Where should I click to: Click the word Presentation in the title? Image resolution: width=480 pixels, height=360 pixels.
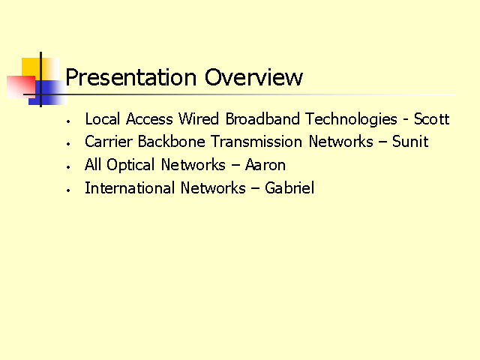pyautogui.click(x=131, y=77)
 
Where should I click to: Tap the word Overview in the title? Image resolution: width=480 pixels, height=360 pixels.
pyautogui.click(x=253, y=76)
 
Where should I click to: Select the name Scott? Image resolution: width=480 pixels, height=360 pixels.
pyautogui.click(x=432, y=118)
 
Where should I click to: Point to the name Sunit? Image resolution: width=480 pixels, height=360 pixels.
pyautogui.click(x=410, y=142)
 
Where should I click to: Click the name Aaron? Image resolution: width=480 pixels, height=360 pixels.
pyautogui.click(x=265, y=165)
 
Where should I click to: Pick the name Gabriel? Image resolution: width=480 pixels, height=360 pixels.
pyautogui.click(x=289, y=187)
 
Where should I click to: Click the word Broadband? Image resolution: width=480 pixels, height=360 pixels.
pyautogui.click(x=262, y=118)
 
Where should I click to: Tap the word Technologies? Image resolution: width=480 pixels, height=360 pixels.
pyautogui.click(x=352, y=120)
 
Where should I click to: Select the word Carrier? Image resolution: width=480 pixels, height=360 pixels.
pyautogui.click(x=109, y=142)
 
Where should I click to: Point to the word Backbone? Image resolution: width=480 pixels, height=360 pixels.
pyautogui.click(x=172, y=142)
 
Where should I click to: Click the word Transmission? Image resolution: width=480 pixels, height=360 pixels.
pyautogui.click(x=256, y=142)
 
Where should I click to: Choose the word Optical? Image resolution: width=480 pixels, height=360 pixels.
pyautogui.click(x=130, y=165)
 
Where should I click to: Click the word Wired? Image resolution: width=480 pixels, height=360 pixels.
pyautogui.click(x=199, y=118)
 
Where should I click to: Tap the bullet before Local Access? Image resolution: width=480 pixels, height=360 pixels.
pyautogui.click(x=68, y=121)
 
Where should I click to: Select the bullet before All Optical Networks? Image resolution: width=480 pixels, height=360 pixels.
pyautogui.click(x=68, y=167)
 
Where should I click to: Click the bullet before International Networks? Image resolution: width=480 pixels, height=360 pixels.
pyautogui.click(x=68, y=190)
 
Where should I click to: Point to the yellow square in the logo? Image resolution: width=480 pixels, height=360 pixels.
pyautogui.click(x=40, y=69)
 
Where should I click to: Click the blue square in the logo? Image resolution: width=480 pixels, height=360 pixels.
pyautogui.click(x=48, y=92)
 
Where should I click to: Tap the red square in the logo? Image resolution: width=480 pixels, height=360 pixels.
pyautogui.click(x=21, y=87)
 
